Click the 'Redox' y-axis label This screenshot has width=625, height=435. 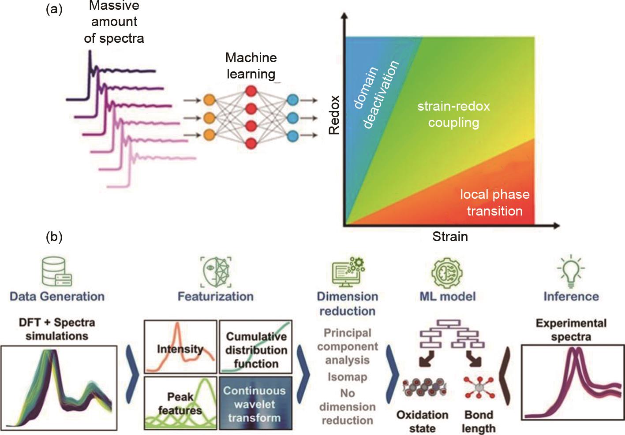[334, 115]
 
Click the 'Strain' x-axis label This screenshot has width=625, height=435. [449, 237]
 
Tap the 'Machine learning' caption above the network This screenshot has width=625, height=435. [251, 66]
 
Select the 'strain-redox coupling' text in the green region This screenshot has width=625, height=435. [453, 114]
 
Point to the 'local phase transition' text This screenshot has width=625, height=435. [494, 202]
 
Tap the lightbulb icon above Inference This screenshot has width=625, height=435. [570, 271]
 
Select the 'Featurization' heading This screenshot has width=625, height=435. [215, 296]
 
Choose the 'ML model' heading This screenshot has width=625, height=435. [447, 296]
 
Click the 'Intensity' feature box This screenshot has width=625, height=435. [180, 347]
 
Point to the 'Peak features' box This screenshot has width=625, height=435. [180, 403]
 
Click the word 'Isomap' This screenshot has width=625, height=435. [347, 377]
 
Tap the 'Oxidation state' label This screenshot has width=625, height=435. [422, 421]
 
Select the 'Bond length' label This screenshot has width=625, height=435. [479, 421]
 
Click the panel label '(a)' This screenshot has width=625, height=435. [54, 9]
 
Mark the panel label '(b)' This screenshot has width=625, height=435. [54, 237]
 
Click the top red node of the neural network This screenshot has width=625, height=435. [251, 91]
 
